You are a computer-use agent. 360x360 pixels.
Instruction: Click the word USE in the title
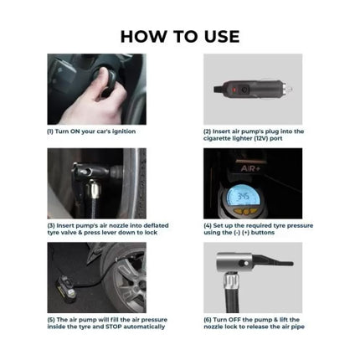click(x=219, y=36)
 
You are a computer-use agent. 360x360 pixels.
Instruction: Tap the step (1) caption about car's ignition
click(x=91, y=131)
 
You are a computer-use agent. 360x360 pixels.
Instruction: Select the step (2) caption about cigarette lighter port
click(x=253, y=135)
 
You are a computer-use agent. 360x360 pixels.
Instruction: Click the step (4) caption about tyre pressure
click(x=259, y=229)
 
